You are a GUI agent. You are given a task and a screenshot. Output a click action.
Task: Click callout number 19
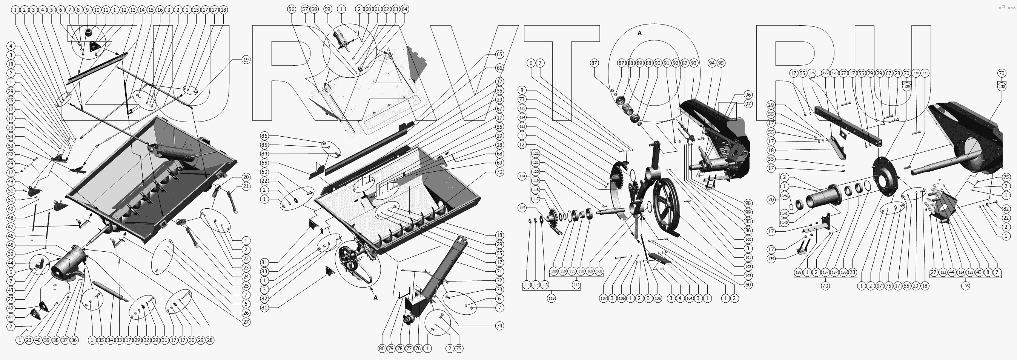pyautogui.click(x=246, y=60)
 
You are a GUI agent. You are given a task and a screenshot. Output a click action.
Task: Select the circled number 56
pyautogui.click(x=291, y=9)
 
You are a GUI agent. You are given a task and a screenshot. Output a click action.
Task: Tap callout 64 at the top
pyautogui.click(x=404, y=9)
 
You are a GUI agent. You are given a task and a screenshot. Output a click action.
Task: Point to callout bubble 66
pyautogui.click(x=499, y=68)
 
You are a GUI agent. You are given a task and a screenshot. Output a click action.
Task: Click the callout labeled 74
pyautogui.click(x=499, y=326)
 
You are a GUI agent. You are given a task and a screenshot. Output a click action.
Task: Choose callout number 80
pyautogui.click(x=382, y=349)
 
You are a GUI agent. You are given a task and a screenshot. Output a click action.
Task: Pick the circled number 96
pyautogui.click(x=748, y=95)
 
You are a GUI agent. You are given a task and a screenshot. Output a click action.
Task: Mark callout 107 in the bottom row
pyautogui.click(x=603, y=298)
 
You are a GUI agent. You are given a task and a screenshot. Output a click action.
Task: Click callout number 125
pyautogui.click(x=522, y=108)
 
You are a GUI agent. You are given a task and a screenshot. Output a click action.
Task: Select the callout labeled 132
pyautogui.click(x=1002, y=86)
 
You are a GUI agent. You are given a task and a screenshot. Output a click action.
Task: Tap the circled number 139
pyautogui.click(x=771, y=259)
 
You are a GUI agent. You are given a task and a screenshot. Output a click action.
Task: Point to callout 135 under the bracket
pyautogui.click(x=965, y=286)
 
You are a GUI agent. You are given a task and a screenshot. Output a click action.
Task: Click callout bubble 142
pyautogui.click(x=785, y=195)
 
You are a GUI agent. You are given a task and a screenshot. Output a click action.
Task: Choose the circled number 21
pyautogui.click(x=246, y=186)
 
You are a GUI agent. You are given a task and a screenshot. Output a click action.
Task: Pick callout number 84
pyautogui.click(x=264, y=154)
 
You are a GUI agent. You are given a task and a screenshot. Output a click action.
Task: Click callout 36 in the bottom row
pyautogui.click(x=74, y=340)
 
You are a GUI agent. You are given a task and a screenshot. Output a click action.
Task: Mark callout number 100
pyautogui.click(x=748, y=240)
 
